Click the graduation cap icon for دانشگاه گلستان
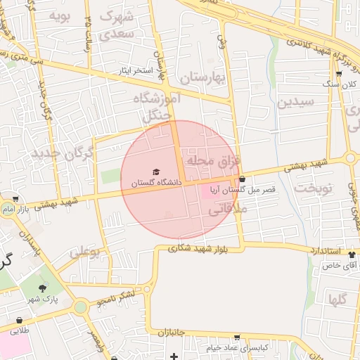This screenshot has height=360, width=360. click(155, 172)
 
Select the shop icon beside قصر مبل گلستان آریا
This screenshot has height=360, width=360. click(243, 179)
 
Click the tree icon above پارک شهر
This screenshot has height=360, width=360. click(43, 288)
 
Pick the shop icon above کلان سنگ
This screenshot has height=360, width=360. click(339, 74)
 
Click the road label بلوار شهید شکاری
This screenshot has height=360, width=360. click(203, 248)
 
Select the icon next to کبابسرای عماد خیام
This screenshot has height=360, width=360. click(237, 338)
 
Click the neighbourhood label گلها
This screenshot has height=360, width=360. click(337, 300)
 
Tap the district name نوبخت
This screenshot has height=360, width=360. click(311, 188)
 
